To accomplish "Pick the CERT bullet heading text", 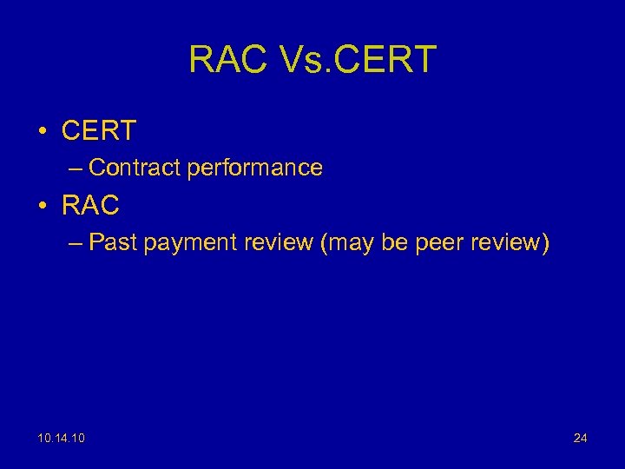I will coord(99,130).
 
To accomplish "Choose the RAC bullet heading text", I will coord(90,206).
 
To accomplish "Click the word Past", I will coord(113,243).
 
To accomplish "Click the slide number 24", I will coord(580,439).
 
